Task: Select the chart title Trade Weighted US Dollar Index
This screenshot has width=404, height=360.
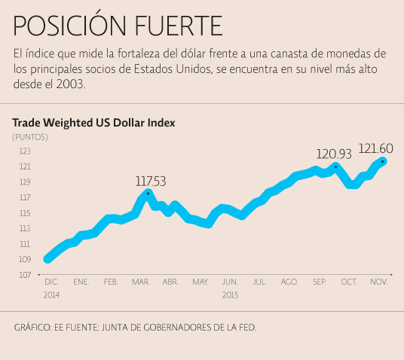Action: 93,122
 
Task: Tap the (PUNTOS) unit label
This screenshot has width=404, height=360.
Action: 30,136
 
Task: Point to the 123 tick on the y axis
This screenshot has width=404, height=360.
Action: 25,151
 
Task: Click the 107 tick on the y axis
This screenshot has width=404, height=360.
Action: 25,275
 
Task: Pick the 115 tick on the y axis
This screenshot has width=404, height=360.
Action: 25,213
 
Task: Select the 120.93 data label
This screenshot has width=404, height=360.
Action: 334,154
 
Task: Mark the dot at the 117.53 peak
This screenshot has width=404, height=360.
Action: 148,193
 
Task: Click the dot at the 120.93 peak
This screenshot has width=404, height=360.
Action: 335,166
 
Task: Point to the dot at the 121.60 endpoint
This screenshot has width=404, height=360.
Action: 383,161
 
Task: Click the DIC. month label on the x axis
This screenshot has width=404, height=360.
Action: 51,282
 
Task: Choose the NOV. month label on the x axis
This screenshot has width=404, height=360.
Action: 378,282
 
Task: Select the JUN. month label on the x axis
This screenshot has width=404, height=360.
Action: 230,282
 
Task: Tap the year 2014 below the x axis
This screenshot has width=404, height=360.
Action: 51,294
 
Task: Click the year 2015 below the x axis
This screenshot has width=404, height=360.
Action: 230,294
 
